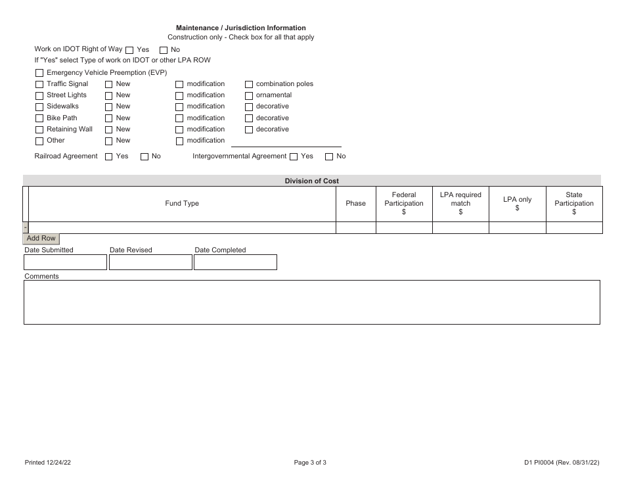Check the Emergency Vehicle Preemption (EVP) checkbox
coord(39,73)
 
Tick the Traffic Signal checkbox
coord(39,85)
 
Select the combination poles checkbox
coord(249,85)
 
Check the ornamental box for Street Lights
coord(249,96)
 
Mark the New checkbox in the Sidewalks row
coord(109,107)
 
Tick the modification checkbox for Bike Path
coord(179,119)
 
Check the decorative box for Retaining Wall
coord(249,130)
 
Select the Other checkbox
coord(39,141)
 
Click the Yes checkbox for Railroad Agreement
coord(109,157)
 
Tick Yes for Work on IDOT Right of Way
coord(129,50)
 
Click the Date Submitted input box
coord(65,262)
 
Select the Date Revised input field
coord(150,262)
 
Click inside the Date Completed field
coord(235,262)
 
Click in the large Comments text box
coord(312,302)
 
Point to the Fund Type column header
coord(182,204)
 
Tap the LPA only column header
coord(518,204)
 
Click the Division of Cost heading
coord(312,181)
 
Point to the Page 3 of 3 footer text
coord(310,463)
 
